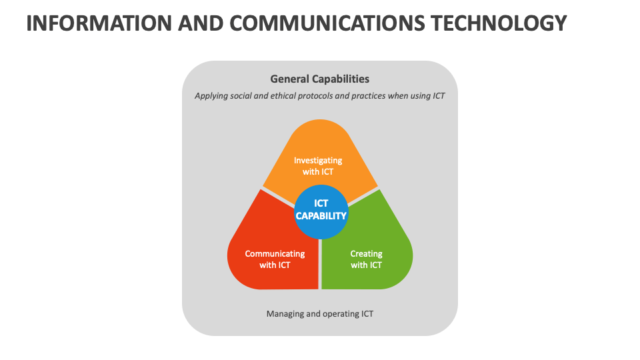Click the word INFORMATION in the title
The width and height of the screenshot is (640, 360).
coord(99,23)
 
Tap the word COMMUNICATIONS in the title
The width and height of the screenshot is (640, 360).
coord(327,23)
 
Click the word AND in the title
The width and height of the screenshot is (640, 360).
coord(201,23)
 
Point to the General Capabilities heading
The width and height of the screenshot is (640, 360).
coord(319,79)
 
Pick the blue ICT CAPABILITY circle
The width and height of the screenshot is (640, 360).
coord(321,212)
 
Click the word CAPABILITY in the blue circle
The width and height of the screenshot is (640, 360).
coord(321,216)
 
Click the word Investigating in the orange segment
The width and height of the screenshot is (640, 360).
coord(318,161)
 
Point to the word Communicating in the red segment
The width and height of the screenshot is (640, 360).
coord(275,254)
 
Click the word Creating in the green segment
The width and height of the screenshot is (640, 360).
coord(366,254)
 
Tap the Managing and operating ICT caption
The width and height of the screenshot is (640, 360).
coord(319,314)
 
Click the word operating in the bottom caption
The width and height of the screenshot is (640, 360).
coord(341,314)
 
